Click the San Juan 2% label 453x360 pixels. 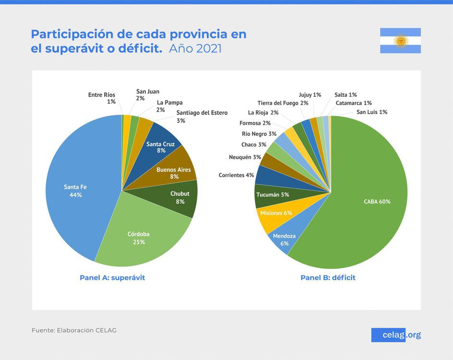(x=147, y=95)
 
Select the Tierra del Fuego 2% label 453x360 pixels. (x=283, y=103)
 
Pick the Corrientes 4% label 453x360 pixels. (x=236, y=175)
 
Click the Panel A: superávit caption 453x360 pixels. (x=112, y=277)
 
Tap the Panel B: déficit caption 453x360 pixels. (x=328, y=277)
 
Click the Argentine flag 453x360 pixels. (x=400, y=41)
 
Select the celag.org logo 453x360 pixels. (x=396, y=335)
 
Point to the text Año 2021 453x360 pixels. (x=195, y=49)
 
